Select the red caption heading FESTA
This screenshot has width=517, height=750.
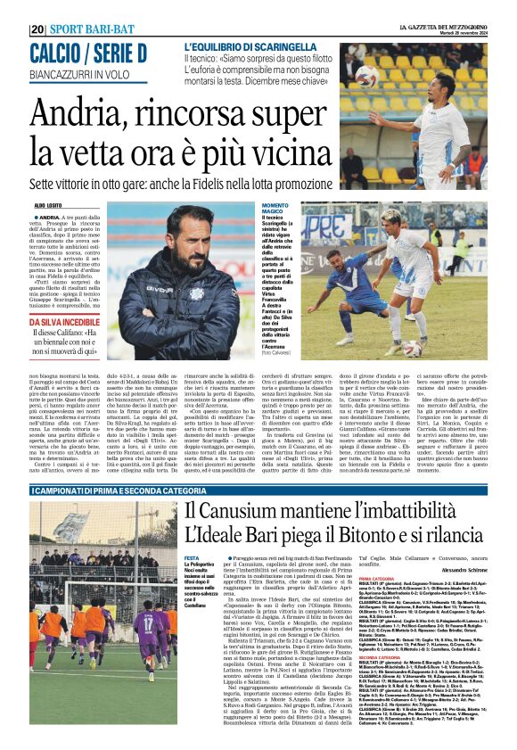pos(191,557)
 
